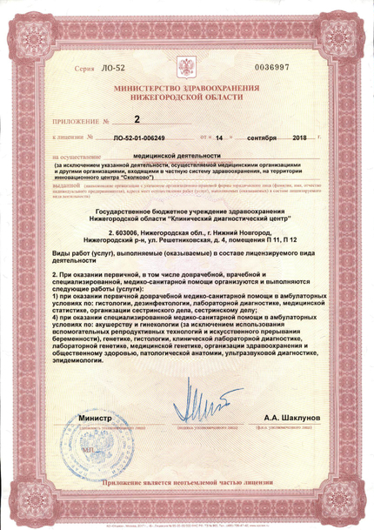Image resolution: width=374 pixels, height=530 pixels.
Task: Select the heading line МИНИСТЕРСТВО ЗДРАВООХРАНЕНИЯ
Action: [x=186, y=91]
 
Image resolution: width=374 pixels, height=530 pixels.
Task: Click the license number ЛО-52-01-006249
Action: [x=150, y=138]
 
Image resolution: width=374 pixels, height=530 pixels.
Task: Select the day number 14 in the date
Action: [x=219, y=138]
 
